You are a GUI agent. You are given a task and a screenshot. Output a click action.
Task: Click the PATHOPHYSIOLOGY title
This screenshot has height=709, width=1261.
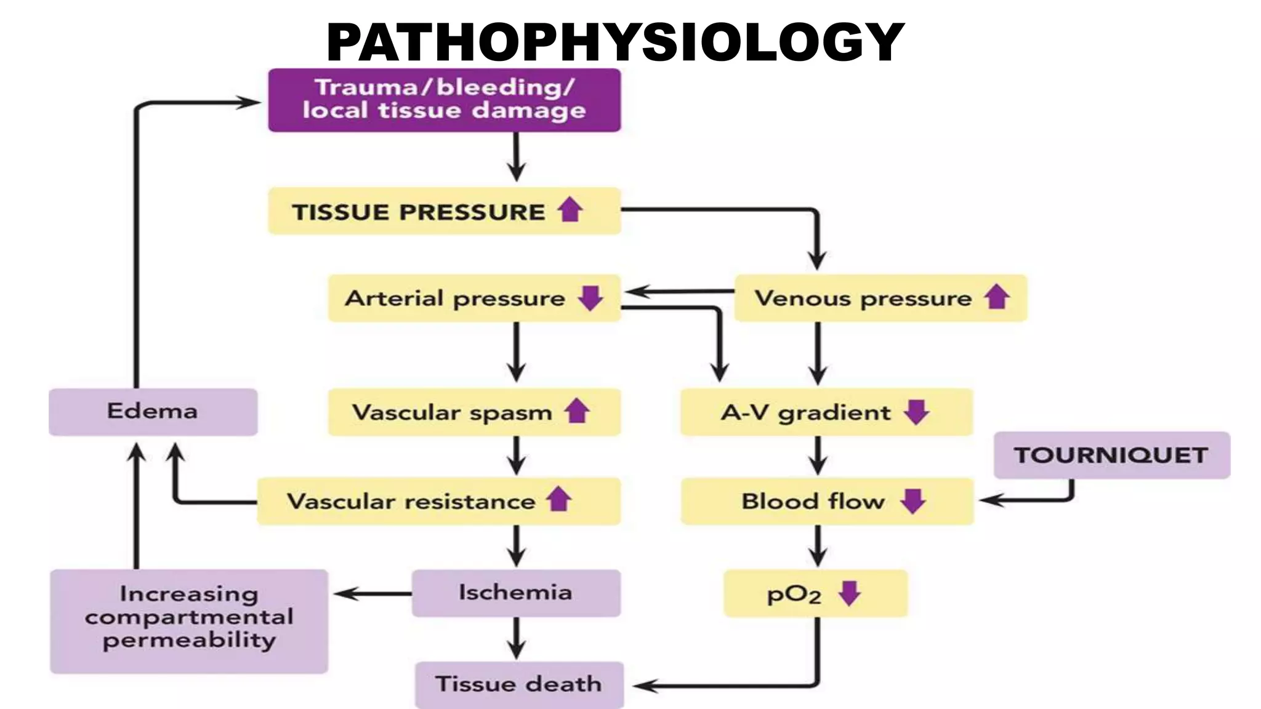pyautogui.click(x=616, y=42)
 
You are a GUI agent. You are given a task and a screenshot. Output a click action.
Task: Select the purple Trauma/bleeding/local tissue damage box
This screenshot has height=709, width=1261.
pyautogui.click(x=444, y=100)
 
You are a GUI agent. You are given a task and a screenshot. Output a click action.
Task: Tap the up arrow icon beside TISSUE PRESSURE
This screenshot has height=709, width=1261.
pyautogui.click(x=570, y=210)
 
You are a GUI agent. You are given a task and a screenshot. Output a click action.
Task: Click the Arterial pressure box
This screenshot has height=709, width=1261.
pyautogui.click(x=473, y=298)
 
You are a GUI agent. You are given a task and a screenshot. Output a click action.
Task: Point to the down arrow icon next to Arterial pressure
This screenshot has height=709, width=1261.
pyautogui.click(x=590, y=298)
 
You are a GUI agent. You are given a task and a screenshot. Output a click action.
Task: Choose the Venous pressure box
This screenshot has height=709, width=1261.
pyautogui.click(x=880, y=298)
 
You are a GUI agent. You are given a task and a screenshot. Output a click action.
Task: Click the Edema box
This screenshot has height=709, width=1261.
pyautogui.click(x=153, y=412)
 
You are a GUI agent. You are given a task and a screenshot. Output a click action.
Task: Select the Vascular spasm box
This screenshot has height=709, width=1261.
pyautogui.click(x=473, y=412)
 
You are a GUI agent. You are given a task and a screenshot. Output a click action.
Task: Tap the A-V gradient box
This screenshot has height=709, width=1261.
pyautogui.click(x=826, y=412)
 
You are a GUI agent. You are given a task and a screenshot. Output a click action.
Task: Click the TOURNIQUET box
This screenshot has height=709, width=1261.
pyautogui.click(x=1111, y=455)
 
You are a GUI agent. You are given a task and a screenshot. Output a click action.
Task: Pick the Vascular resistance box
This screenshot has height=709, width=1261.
pyautogui.click(x=438, y=501)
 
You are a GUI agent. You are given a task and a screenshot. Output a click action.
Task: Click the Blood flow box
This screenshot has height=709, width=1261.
pyautogui.click(x=827, y=501)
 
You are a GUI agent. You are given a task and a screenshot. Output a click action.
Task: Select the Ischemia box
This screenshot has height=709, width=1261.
pyautogui.click(x=516, y=593)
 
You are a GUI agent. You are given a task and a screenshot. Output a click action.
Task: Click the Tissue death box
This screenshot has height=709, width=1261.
pyautogui.click(x=518, y=684)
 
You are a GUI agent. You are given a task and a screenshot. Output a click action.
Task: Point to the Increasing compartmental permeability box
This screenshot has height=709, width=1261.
pyautogui.click(x=188, y=620)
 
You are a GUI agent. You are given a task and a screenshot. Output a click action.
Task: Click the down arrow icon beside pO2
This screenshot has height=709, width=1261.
pyautogui.click(x=850, y=593)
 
